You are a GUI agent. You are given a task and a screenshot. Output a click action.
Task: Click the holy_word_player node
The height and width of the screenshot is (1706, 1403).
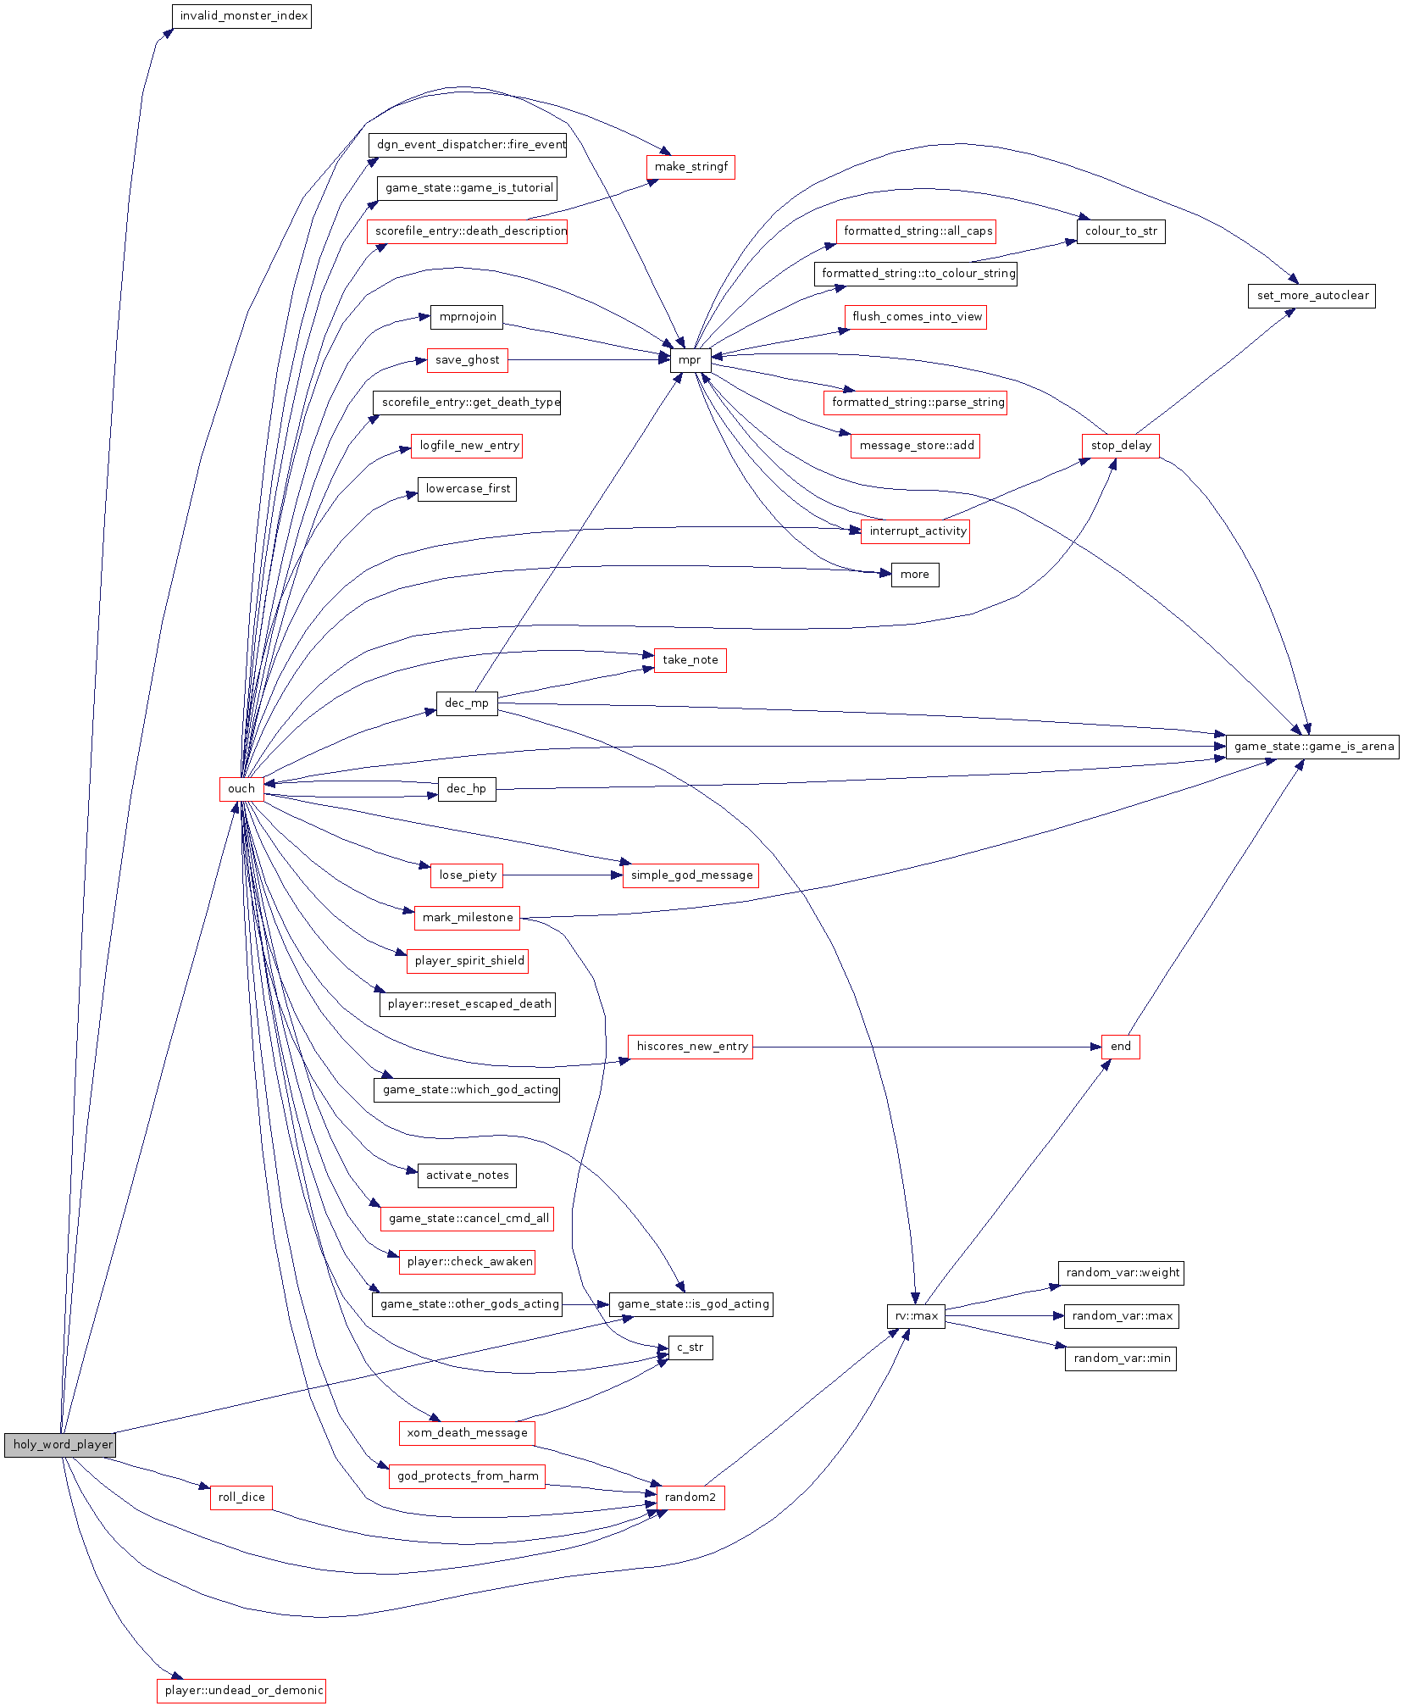pyautogui.click(x=59, y=1445)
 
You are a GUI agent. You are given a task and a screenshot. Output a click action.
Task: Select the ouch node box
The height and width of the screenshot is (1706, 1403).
pyautogui.click(x=241, y=789)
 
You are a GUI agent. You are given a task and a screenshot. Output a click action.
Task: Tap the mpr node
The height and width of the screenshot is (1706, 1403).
pyautogui.click(x=690, y=360)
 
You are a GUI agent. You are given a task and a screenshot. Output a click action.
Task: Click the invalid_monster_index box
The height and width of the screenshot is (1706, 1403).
pyautogui.click(x=242, y=16)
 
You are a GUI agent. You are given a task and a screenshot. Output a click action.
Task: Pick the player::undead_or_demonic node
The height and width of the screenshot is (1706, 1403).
pyautogui.click(x=241, y=1690)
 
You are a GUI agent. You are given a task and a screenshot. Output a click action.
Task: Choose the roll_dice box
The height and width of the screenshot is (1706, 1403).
pyautogui.click(x=241, y=1498)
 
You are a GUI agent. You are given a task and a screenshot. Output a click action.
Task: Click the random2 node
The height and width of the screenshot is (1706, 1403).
pyautogui.click(x=690, y=1498)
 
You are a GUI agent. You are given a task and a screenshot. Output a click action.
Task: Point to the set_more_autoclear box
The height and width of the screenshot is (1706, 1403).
pyautogui.click(x=1311, y=296)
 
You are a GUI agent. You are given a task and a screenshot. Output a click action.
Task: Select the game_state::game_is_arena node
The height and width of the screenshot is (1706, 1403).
pyautogui.click(x=1311, y=747)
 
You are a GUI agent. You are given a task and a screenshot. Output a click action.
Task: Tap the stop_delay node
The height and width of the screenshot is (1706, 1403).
pyautogui.click(x=1120, y=446)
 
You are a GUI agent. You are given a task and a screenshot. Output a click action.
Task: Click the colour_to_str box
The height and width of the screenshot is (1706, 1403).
pyautogui.click(x=1120, y=231)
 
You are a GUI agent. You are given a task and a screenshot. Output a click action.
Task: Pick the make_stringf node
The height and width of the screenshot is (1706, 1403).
pyautogui.click(x=690, y=167)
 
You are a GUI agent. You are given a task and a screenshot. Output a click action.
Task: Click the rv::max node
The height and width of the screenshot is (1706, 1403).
pyautogui.click(x=916, y=1316)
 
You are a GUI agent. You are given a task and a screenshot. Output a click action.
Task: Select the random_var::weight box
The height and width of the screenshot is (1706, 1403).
pyautogui.click(x=1120, y=1273)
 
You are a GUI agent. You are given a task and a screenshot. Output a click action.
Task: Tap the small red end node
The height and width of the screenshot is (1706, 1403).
pyautogui.click(x=1120, y=1047)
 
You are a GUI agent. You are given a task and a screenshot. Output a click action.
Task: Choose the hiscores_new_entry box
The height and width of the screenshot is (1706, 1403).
pyautogui.click(x=690, y=1047)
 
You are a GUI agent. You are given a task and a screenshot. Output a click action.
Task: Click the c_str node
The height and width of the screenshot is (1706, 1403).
pyautogui.click(x=690, y=1348)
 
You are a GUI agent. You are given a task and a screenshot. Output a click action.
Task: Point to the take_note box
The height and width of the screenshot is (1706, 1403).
pyautogui.click(x=690, y=660)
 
